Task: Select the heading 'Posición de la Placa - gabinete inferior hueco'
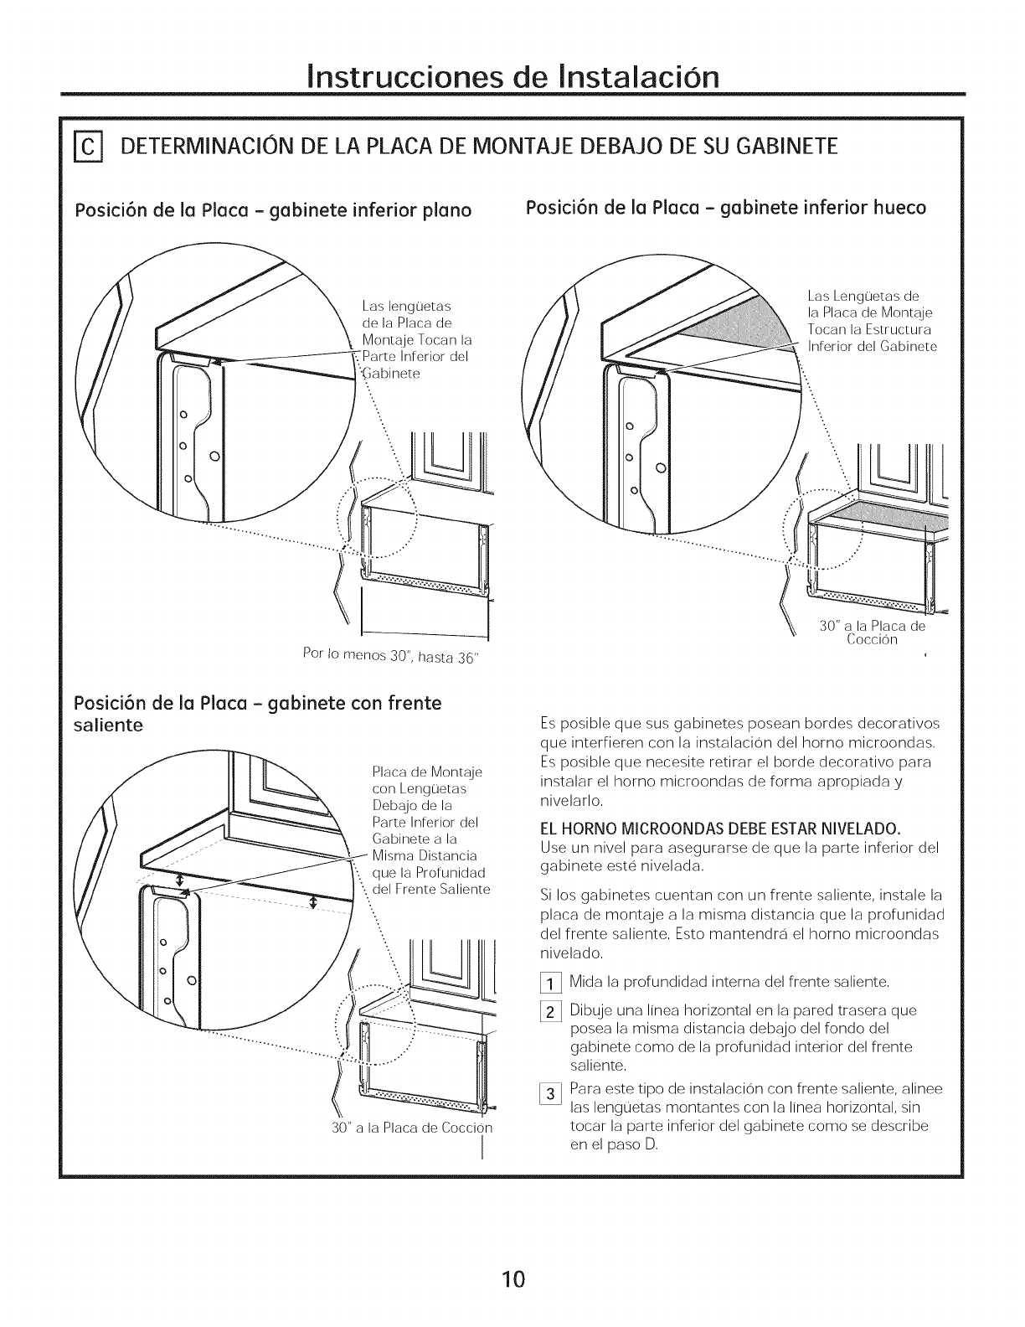coord(725,207)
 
